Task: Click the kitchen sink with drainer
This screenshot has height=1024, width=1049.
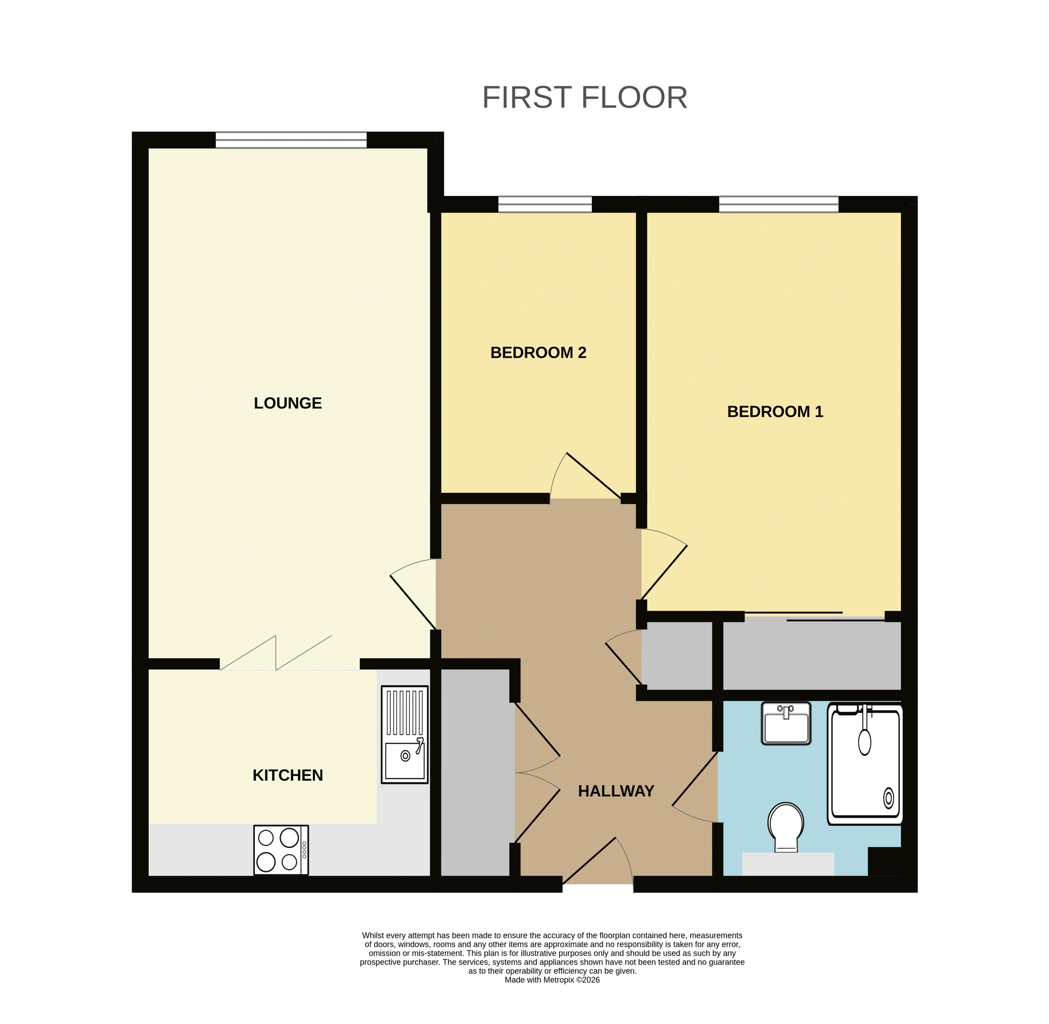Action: click(405, 734)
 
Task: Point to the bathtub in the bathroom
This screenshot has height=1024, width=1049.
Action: click(865, 764)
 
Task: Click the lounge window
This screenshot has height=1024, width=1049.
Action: click(291, 140)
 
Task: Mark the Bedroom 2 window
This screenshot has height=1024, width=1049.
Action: click(545, 204)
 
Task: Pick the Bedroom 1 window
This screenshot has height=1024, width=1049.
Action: click(779, 204)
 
